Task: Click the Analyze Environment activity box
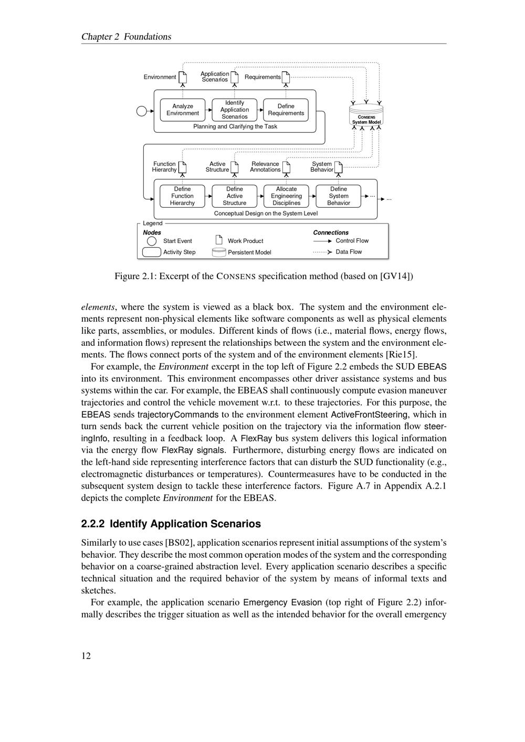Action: [x=183, y=110]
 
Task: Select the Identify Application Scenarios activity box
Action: [x=235, y=110]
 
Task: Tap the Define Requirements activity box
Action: [x=286, y=110]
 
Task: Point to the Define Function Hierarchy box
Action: [x=182, y=196]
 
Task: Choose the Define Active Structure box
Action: [x=235, y=196]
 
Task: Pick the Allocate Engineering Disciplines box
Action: [x=286, y=196]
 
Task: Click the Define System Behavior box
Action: [x=339, y=196]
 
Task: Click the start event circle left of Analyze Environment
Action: [x=141, y=111]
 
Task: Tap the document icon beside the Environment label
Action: [x=183, y=77]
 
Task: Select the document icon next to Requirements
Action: [x=286, y=77]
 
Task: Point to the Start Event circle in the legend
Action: [x=152, y=241]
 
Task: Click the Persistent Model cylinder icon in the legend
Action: [x=219, y=252]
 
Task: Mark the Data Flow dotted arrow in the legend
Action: [x=322, y=252]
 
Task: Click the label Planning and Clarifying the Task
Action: [x=235, y=126]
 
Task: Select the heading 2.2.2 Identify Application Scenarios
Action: [x=171, y=524]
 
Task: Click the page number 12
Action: [x=86, y=655]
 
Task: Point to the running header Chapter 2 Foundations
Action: [x=126, y=37]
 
